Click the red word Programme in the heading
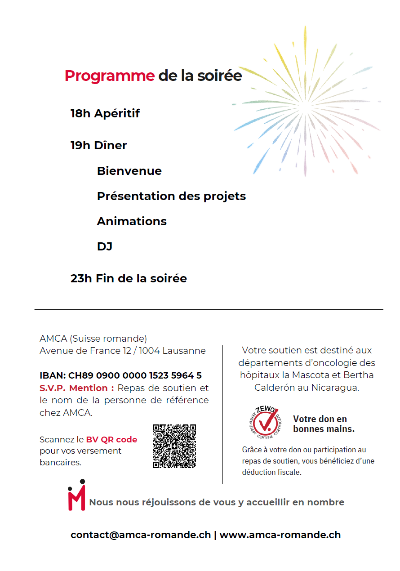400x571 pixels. pyautogui.click(x=110, y=76)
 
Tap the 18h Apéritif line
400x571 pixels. pyautogui.click(x=105, y=113)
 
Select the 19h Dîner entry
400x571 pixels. pyautogui.click(x=99, y=145)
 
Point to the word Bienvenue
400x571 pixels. pyautogui.click(x=129, y=171)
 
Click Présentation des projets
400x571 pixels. pyautogui.click(x=171, y=196)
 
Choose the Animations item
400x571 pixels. pyautogui.click(x=132, y=221)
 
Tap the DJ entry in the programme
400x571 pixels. pyautogui.click(x=105, y=246)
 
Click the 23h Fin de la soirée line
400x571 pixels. pyautogui.click(x=129, y=278)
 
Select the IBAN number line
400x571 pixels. pyautogui.click(x=120, y=375)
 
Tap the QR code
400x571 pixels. pyautogui.click(x=174, y=446)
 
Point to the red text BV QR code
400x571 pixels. pyautogui.click(x=112, y=439)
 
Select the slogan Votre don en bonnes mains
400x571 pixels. pyautogui.click(x=324, y=424)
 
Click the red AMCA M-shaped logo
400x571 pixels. pyautogui.click(x=76, y=495)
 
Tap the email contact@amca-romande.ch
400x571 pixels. pyautogui.click(x=141, y=535)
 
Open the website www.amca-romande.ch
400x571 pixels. pyautogui.click(x=280, y=535)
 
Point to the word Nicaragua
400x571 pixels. pyautogui.click(x=335, y=387)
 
